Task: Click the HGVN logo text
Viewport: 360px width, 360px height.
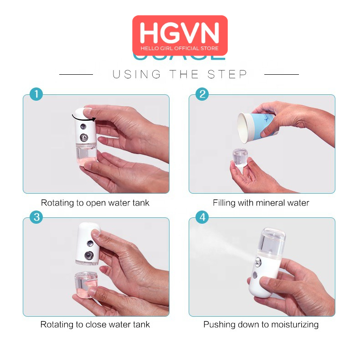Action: [x=180, y=32]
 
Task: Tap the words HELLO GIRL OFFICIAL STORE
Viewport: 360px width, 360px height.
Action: [x=180, y=48]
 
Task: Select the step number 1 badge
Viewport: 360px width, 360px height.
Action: [x=36, y=94]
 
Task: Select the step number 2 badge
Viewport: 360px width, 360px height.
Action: [x=202, y=94]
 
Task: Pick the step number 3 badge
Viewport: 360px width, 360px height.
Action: [x=36, y=217]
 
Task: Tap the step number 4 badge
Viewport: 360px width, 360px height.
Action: [x=202, y=217]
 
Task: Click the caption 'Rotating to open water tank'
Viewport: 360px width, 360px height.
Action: [x=95, y=203]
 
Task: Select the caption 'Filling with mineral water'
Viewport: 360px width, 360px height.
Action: [x=261, y=203]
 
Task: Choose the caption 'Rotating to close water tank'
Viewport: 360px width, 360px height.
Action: [x=95, y=325]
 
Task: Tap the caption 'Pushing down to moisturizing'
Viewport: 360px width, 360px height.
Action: [x=261, y=325]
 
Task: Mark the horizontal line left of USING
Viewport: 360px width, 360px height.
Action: [x=76, y=74]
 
